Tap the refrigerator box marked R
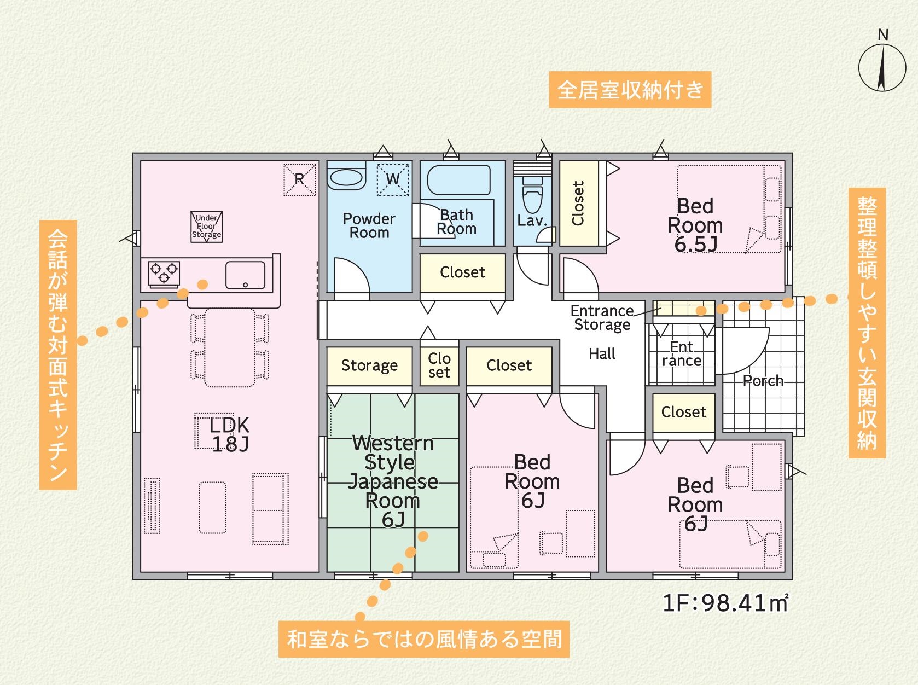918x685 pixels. tap(299, 179)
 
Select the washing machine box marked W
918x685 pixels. tap(393, 179)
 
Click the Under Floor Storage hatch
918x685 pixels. tap(206, 227)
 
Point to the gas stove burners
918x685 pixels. tap(164, 274)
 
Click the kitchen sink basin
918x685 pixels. tap(245, 275)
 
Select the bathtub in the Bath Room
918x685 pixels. tap(459, 180)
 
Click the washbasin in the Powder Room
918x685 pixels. tap(346, 177)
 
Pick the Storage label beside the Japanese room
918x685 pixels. tap(369, 365)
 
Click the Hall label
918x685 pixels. tap(602, 354)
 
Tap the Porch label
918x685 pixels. tap(763, 381)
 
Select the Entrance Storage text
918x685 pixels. tap(602, 317)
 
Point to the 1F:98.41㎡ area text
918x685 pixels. tap(725, 603)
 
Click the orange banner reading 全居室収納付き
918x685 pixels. tap(630, 90)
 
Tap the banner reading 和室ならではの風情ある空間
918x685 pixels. tap(423, 640)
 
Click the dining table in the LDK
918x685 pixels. tap(230, 347)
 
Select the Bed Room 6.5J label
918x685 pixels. tap(695, 225)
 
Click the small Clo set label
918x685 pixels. tap(439, 365)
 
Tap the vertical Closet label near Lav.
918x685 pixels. tap(578, 203)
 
